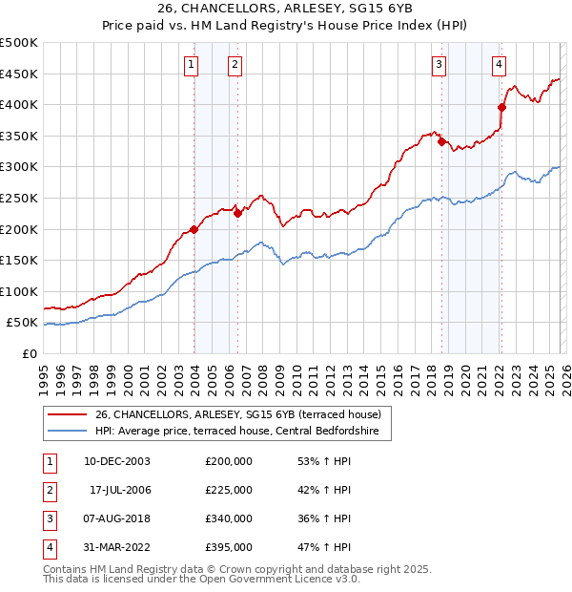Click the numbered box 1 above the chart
pyautogui.click(x=192, y=65)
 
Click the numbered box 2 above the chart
pyautogui.click(x=235, y=65)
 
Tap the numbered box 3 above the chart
pyautogui.click(x=439, y=65)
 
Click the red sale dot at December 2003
pyautogui.click(x=194, y=229)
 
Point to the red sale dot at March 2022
pyautogui.click(x=501, y=107)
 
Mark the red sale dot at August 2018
pyautogui.click(x=441, y=141)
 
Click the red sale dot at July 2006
pyautogui.click(x=238, y=213)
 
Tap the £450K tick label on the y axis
pyautogui.click(x=19, y=74)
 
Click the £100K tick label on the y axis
pyautogui.click(x=19, y=291)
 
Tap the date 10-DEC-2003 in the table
pyautogui.click(x=116, y=460)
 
